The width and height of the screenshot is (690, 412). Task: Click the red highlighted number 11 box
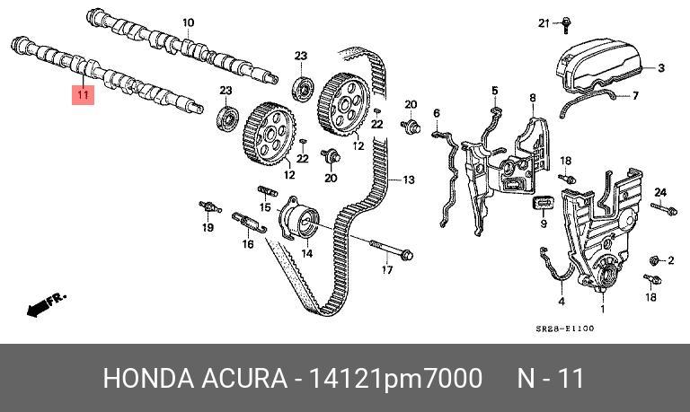83,94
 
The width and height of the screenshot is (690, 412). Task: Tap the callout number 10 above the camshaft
188,22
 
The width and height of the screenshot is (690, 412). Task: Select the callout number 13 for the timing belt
408,180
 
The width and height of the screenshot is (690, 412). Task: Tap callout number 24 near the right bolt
659,192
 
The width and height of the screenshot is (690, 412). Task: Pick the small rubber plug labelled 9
544,204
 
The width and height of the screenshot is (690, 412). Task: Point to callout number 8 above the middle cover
532,97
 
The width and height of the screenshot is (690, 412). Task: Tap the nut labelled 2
654,260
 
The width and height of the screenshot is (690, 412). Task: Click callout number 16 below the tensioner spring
248,243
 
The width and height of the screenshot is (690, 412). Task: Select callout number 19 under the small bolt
208,228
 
